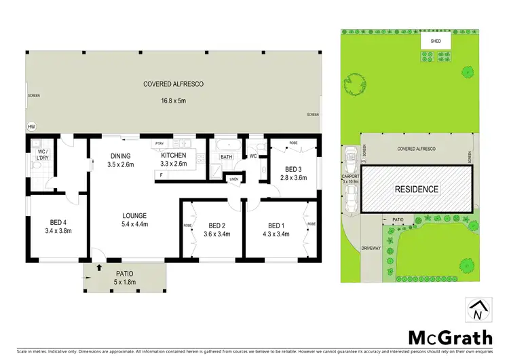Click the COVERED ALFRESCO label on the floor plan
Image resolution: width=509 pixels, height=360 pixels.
(174, 84)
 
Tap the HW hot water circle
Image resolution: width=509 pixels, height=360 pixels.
(31, 127)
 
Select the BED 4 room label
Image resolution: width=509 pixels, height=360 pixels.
(58, 221)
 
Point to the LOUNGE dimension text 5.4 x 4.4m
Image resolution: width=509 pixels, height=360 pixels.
(134, 225)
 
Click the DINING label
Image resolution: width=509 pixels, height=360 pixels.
(121, 155)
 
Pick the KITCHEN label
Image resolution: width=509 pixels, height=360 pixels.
(173, 155)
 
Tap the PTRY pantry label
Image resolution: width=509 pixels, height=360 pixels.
(160, 144)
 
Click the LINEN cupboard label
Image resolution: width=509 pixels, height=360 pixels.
(234, 179)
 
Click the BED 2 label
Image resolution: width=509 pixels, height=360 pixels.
(217, 226)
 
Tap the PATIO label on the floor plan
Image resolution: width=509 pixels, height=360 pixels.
(124, 274)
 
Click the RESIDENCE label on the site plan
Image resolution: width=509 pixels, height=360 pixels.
(417, 189)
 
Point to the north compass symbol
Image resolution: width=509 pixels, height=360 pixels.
(478, 310)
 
